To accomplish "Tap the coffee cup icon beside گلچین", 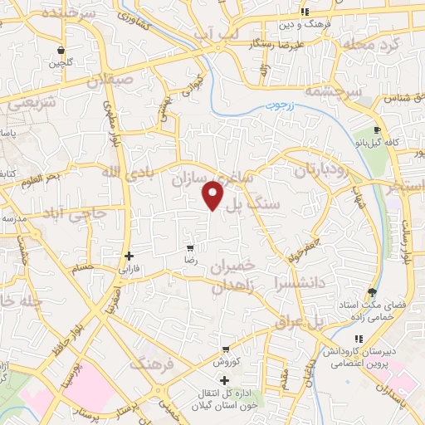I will [x=64, y=49].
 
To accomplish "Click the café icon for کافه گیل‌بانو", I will [x=378, y=130].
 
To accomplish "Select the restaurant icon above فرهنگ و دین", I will [x=305, y=12].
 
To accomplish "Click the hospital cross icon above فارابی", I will [x=128, y=256].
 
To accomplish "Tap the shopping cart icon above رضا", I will [x=190, y=247].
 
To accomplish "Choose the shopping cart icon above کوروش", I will [x=226, y=349].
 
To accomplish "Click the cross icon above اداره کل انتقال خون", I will [x=226, y=379].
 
